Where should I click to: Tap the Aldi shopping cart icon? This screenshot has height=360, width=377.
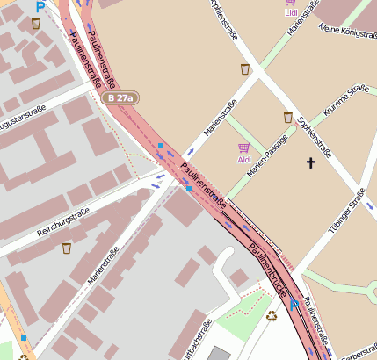click(244, 148)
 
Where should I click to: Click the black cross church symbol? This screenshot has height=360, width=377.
click(309, 162)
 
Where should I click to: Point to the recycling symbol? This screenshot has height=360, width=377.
click(272, 316)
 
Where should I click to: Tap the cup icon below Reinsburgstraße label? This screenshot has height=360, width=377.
click(67, 248)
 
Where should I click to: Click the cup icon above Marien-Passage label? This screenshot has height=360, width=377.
click(287, 117)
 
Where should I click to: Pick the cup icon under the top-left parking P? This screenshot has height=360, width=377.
click(35, 24)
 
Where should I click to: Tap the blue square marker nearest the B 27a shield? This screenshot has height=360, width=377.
click(160, 146)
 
